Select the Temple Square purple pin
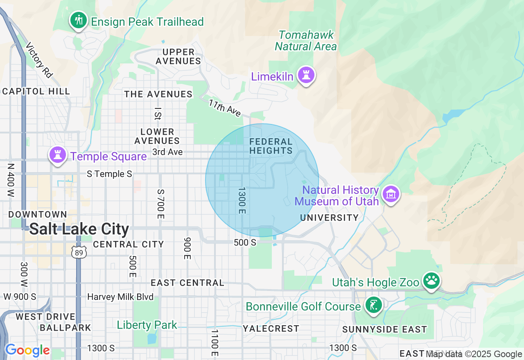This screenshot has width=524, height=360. click(x=58, y=155)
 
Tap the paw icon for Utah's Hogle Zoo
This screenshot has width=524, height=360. click(x=431, y=281)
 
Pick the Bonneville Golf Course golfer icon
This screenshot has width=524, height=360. click(x=373, y=305)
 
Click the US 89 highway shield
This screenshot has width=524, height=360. click(x=79, y=252)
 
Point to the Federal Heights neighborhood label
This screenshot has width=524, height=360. click(x=271, y=146)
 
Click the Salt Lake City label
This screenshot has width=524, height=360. click(x=79, y=229)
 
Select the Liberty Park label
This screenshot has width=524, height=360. click(x=147, y=325)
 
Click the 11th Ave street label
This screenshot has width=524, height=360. click(x=225, y=108)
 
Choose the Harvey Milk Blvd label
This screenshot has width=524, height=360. click(x=120, y=297)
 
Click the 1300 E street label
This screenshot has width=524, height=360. click(x=242, y=200)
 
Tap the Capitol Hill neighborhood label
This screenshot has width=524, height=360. click(x=36, y=91)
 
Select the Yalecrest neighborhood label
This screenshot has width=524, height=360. click(x=271, y=328)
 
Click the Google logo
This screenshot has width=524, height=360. click(x=27, y=351)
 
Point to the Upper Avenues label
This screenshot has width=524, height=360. click(x=178, y=56)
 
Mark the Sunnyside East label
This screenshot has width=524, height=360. click(x=384, y=329)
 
